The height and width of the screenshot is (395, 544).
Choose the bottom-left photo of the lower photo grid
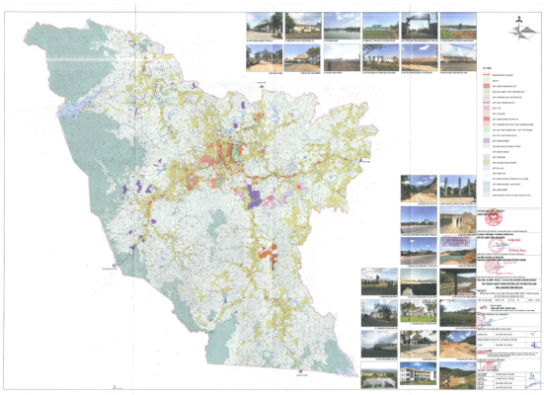(x=378, y=376)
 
